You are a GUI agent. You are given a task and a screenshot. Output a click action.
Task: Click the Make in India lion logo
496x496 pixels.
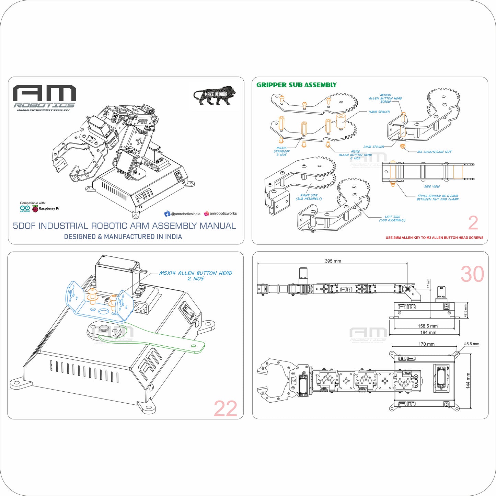215,95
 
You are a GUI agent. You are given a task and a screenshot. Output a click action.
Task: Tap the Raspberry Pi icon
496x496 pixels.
35,209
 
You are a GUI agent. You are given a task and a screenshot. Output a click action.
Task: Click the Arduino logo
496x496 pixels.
25,208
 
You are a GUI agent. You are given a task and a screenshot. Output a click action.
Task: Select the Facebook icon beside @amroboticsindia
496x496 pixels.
167,214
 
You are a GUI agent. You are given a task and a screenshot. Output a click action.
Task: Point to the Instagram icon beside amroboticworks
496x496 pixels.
206,214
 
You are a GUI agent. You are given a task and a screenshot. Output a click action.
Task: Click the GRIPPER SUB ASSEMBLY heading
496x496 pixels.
296,85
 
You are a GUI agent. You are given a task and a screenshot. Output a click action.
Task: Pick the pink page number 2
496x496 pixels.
473,223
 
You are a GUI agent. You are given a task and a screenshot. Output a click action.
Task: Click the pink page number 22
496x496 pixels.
225,408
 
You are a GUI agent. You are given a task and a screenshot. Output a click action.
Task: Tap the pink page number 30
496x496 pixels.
472,274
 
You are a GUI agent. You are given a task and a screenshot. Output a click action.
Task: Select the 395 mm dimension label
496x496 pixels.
333,261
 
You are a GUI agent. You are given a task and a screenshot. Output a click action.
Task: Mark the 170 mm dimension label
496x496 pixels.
426,344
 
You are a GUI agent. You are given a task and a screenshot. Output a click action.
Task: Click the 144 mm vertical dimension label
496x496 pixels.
468,381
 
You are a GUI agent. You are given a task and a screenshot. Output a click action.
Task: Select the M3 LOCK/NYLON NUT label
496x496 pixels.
434,152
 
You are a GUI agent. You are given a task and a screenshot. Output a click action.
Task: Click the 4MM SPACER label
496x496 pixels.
379,112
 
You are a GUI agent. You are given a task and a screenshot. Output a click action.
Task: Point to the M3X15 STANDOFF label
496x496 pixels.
281,151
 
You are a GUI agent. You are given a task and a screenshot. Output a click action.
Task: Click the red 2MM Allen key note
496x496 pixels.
434,238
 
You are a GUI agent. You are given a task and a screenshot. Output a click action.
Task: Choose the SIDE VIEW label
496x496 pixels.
432,186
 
